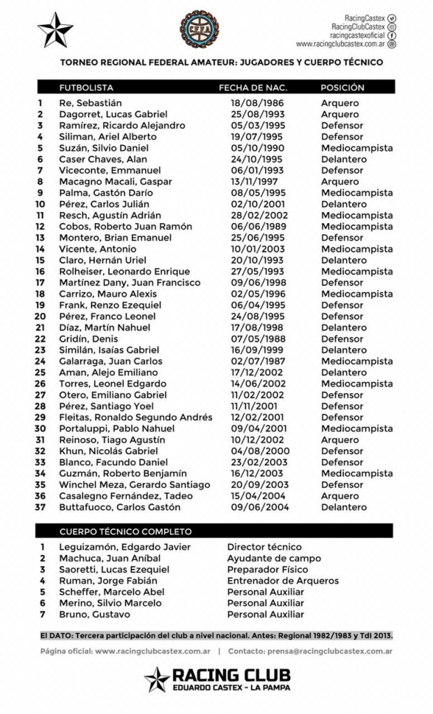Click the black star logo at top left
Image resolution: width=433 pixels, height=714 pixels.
[55, 29]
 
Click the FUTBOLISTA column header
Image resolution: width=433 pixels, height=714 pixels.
[86, 88]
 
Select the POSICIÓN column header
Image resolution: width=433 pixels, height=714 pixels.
[342, 88]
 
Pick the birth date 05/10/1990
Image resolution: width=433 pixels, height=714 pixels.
[253, 148]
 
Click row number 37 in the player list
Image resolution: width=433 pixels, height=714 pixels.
[41, 507]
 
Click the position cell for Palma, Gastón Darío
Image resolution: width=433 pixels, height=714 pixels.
[356, 192]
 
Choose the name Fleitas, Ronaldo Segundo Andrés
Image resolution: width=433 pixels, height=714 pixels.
[135, 417]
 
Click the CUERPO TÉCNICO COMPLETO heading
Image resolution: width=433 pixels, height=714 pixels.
[126, 531]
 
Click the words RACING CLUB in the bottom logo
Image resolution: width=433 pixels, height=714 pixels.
[232, 675]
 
